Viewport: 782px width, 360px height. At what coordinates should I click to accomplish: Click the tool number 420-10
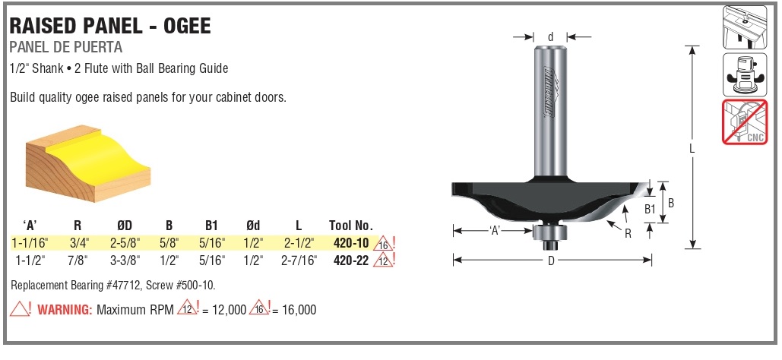point(350,243)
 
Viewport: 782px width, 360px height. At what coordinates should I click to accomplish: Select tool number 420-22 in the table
point(350,260)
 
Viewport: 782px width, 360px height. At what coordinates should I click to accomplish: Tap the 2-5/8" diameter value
point(125,243)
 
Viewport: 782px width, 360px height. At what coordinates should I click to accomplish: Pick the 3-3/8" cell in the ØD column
point(125,260)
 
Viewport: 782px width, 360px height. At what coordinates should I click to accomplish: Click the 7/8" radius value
point(81,260)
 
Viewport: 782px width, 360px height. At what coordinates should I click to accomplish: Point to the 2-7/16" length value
point(298,260)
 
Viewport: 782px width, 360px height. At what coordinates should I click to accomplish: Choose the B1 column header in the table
point(212,226)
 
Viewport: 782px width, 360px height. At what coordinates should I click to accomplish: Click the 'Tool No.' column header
point(350,226)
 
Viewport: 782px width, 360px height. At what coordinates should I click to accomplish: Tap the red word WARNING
point(65,310)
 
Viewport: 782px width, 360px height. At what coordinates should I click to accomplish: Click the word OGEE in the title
point(187,26)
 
